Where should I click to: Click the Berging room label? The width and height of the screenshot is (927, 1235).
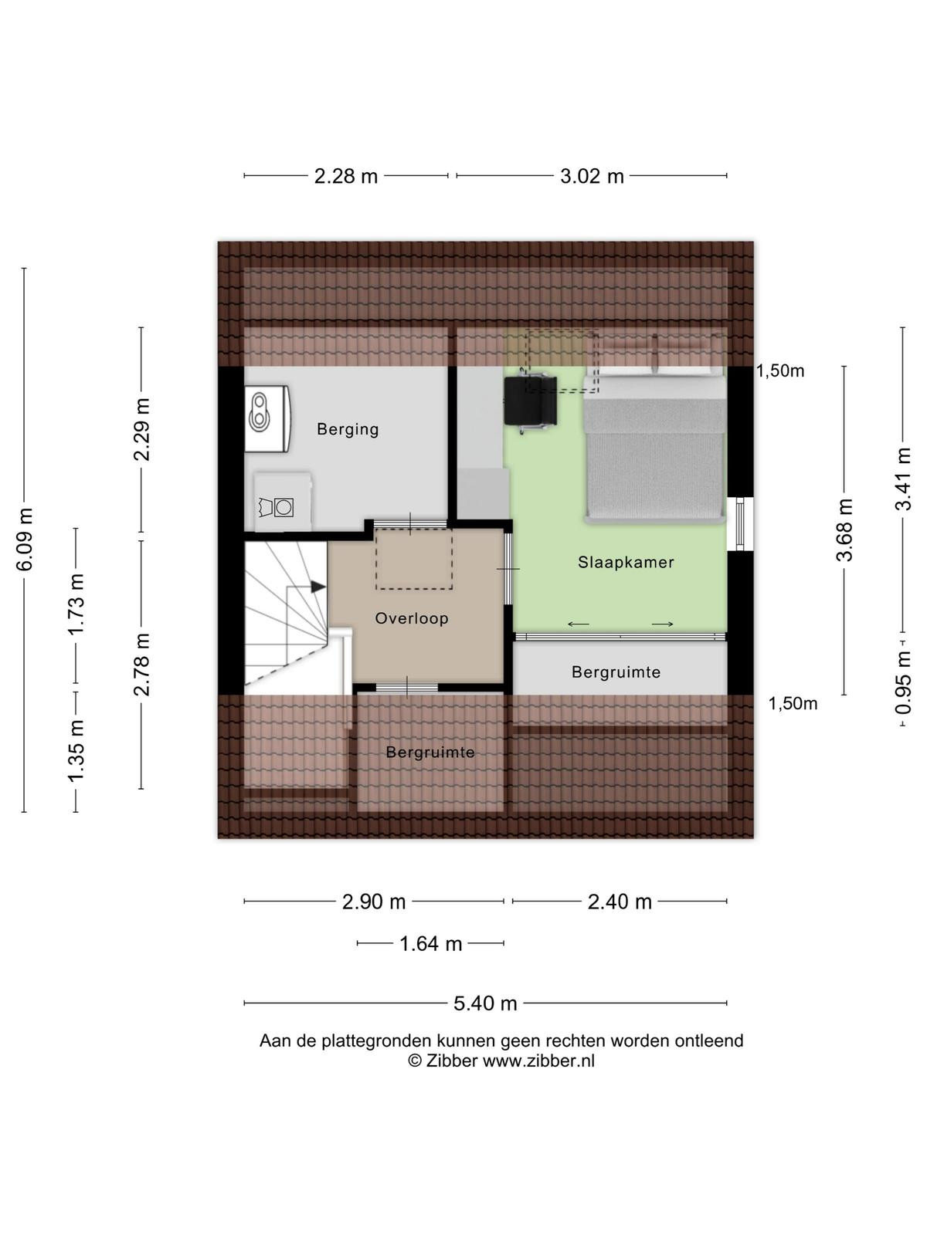tap(348, 429)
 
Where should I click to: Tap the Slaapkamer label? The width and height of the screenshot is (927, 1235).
tap(626, 562)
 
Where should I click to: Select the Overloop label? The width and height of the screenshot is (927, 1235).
tap(412, 618)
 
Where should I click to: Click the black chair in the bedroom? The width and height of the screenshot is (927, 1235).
tap(530, 401)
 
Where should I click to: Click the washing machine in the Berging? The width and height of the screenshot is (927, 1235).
tap(283, 502)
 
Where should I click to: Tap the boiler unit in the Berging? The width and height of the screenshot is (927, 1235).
tap(267, 418)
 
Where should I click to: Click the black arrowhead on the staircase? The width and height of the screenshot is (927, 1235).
tap(318, 587)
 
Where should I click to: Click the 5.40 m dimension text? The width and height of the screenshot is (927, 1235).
tap(485, 1003)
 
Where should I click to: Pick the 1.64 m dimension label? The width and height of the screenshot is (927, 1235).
tap(430, 943)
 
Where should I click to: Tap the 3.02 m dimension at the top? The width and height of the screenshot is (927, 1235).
tap(592, 177)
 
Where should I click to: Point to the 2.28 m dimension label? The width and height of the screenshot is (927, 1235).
tap(345, 177)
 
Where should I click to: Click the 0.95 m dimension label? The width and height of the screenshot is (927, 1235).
tap(903, 682)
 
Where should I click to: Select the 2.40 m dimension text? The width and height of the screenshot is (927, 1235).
tap(619, 902)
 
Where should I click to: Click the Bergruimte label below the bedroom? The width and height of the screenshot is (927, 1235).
tap(616, 672)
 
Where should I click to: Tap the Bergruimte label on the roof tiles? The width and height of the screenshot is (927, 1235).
tap(430, 753)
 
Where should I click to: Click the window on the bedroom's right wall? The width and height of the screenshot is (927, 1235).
tap(740, 524)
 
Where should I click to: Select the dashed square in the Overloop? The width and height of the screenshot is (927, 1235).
tap(414, 559)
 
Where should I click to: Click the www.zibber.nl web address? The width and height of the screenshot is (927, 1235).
tap(538, 1061)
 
